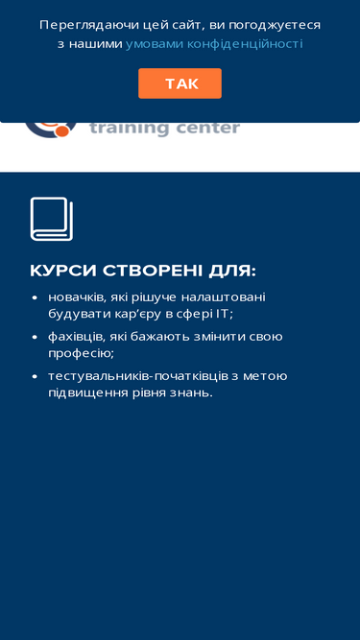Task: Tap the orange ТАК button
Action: click(x=180, y=83)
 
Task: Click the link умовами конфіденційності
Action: click(x=214, y=44)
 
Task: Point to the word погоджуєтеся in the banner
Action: click(x=275, y=25)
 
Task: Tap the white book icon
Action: click(x=52, y=219)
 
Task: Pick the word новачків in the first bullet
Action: click(x=78, y=297)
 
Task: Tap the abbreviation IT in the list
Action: click(x=223, y=315)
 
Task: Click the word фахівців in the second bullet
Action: click(x=78, y=337)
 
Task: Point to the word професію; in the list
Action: click(x=81, y=353)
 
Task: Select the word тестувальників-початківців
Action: click(x=138, y=376)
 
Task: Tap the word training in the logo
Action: click(x=130, y=128)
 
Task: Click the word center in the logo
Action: click(x=208, y=129)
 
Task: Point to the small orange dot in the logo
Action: click(x=62, y=130)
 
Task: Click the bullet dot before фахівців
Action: click(x=35, y=338)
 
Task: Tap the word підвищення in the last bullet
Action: click(x=87, y=393)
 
